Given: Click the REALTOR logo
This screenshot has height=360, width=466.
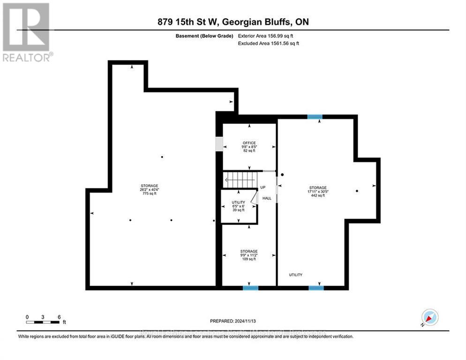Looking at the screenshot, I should coord(26,32).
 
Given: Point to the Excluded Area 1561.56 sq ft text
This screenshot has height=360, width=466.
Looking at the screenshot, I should coord(268,43).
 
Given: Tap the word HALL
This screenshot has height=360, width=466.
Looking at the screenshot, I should coord(267,198).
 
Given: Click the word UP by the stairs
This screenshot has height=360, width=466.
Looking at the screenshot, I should coord(263,187).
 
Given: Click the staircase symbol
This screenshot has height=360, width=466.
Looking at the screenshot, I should coord(240,180).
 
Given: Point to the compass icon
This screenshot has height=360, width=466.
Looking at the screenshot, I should coord(429,317).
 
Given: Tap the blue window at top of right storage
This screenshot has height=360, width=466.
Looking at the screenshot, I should coord(315,116).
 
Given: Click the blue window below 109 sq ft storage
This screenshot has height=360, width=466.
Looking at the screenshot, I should coord(250,287).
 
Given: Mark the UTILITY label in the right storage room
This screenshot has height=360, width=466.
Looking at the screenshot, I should coord(295,275).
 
